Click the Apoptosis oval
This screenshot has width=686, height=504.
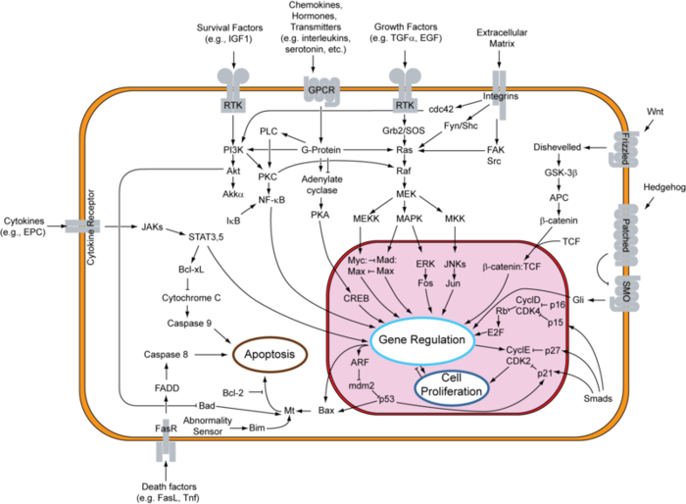tap(267, 357)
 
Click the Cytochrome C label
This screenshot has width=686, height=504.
tap(191, 296)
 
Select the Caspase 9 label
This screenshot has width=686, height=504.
tap(190, 322)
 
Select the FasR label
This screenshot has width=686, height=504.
tap(166, 428)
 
